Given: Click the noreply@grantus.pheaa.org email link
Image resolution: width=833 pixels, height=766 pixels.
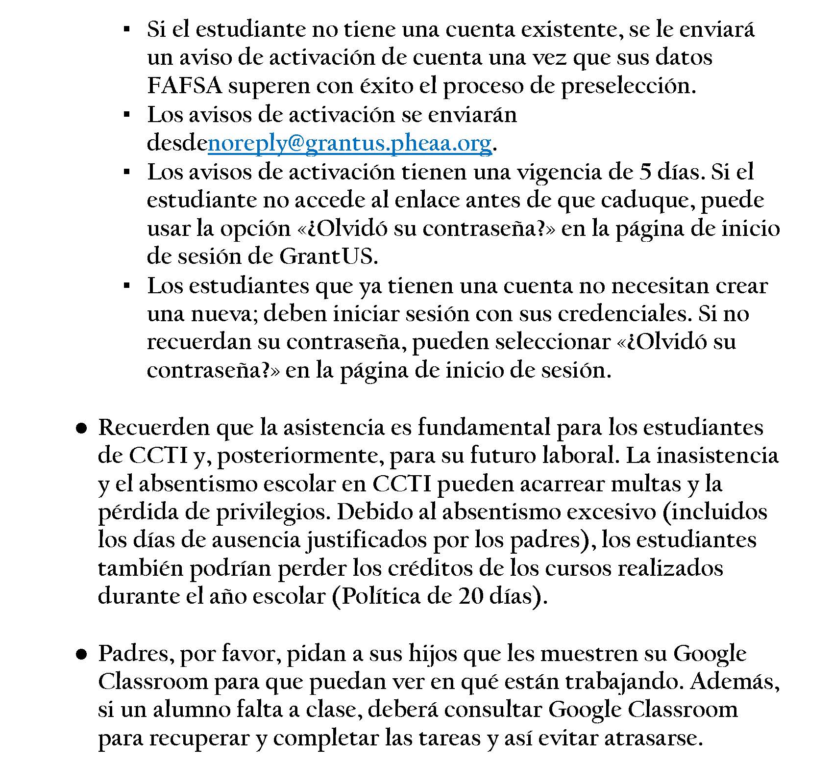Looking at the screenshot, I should point(349,144).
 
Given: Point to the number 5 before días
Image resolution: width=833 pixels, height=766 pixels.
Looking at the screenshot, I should point(646,172).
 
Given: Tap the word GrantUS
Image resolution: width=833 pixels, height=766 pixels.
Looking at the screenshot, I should point(327,256).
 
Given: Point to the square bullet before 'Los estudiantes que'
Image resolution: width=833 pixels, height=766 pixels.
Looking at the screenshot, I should point(126,285).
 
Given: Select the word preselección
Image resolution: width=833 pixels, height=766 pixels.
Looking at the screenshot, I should point(628,86).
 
